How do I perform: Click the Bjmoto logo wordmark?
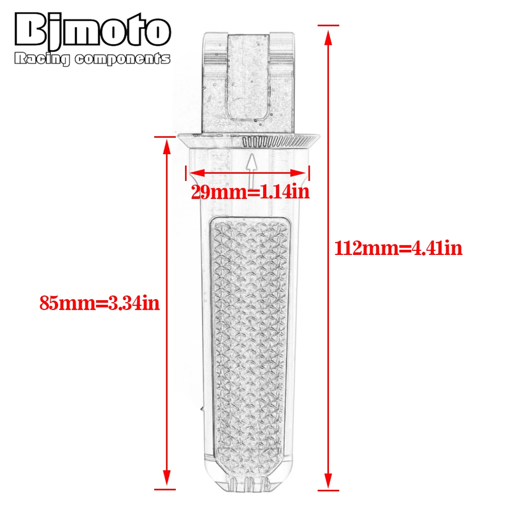[x=93, y=29]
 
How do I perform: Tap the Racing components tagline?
[x=92, y=59]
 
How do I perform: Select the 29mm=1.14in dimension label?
[x=250, y=192]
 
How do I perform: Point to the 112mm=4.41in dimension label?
[x=398, y=248]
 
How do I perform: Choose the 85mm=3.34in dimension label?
[x=100, y=303]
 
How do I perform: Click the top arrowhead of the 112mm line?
[x=328, y=37]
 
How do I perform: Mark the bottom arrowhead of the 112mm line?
[x=328, y=481]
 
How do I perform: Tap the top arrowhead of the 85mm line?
[x=167, y=146]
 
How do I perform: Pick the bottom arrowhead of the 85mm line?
[x=167, y=478]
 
